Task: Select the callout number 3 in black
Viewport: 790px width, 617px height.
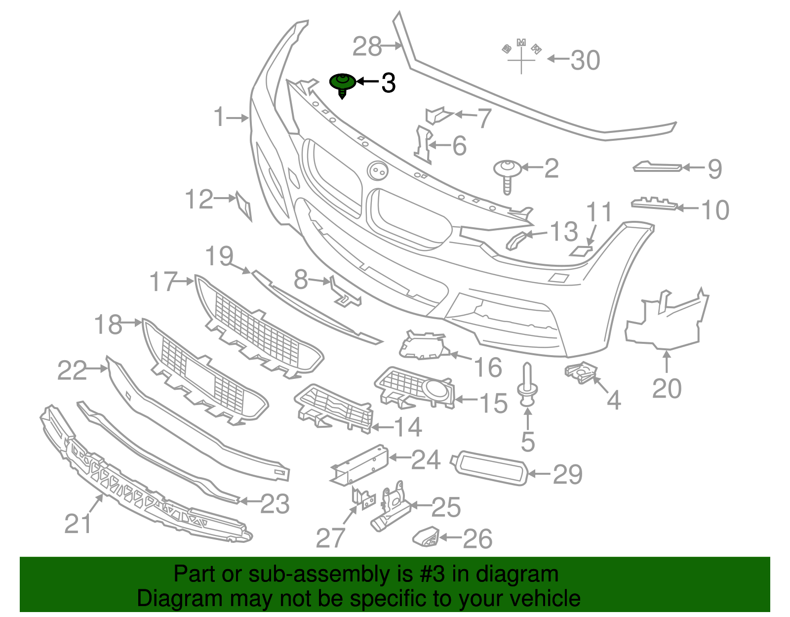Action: (389, 83)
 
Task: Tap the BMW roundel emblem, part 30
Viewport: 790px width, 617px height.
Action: (521, 54)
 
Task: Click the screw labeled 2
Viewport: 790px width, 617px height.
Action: (507, 173)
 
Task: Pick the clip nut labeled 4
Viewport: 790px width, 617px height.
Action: (582, 372)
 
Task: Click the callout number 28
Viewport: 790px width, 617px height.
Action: (367, 47)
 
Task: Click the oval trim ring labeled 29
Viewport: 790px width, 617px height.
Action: (489, 468)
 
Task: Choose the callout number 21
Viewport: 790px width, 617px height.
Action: (78, 524)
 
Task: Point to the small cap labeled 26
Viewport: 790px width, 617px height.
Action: (426, 537)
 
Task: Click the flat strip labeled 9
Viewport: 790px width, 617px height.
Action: (657, 167)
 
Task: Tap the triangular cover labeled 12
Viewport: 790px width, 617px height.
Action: (244, 205)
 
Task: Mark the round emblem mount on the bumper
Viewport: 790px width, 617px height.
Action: (378, 171)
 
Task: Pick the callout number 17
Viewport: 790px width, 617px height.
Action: (163, 282)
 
